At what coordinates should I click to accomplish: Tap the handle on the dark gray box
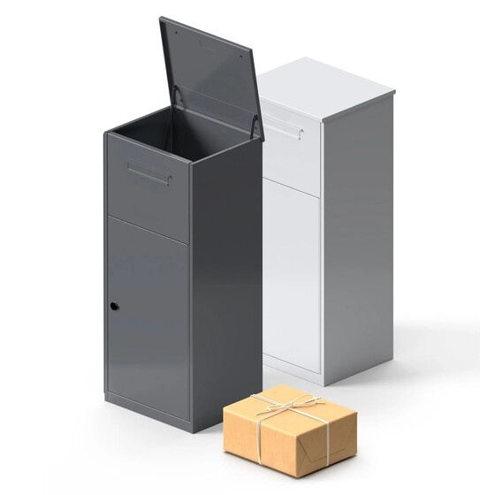tap(148, 173)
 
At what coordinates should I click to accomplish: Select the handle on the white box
tap(282, 127)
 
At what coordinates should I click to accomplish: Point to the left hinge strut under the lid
tap(179, 96)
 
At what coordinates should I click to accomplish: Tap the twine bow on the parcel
tap(286, 408)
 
